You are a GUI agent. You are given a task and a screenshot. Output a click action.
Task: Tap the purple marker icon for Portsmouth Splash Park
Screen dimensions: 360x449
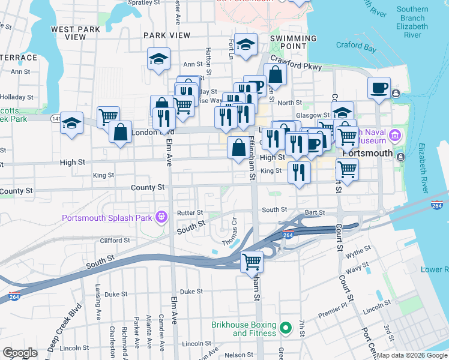click(x=160, y=217)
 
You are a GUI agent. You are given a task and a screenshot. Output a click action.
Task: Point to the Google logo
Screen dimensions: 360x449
click(x=20, y=353)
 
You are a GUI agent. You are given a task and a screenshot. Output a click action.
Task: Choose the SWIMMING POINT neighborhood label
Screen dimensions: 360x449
click(x=293, y=42)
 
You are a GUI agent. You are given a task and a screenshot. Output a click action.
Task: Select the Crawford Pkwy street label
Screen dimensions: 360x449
click(x=296, y=63)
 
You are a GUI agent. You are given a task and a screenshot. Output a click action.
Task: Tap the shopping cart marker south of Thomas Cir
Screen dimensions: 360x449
click(x=252, y=262)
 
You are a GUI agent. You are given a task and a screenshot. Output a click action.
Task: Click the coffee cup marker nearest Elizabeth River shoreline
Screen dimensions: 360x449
click(x=379, y=88)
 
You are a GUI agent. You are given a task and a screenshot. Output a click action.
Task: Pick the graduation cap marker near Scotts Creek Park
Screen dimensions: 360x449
click(x=71, y=124)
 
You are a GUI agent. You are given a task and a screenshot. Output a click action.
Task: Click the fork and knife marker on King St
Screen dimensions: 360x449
click(x=298, y=173)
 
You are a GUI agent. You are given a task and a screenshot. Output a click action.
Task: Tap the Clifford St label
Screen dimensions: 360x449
click(x=115, y=241)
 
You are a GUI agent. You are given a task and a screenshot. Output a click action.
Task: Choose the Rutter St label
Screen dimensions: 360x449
click(x=191, y=212)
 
